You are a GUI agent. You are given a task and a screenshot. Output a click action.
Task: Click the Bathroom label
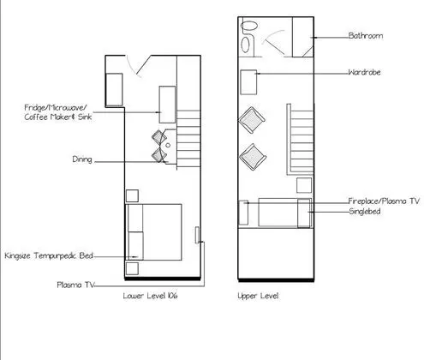pos(366,36)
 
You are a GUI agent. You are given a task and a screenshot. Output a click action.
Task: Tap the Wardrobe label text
pos(364,72)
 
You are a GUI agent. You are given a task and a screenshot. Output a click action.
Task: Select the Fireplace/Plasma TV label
pos(384,201)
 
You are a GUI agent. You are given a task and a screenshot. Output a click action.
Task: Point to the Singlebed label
pos(365,212)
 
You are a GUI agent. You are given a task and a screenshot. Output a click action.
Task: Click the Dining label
pos(82,159)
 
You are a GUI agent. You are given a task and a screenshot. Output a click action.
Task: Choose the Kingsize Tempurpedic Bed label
pos(49,255)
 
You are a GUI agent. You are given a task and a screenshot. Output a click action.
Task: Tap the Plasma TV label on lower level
pos(75,285)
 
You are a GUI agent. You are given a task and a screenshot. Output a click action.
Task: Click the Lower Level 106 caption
pos(150,296)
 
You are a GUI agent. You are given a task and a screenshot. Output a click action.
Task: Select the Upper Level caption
pos(258,296)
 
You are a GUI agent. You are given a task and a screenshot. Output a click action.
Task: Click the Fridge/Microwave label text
pos(56,108)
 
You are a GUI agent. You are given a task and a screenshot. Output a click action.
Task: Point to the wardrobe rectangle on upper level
pos(248,82)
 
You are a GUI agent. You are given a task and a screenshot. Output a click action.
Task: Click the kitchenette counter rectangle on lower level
pos(167,105)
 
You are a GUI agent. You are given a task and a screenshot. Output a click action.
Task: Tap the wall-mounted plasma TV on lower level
pos(197,235)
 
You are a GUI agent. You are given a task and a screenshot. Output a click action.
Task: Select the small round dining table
pos(168,145)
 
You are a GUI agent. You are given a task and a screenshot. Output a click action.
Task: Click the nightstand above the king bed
pos(132,196)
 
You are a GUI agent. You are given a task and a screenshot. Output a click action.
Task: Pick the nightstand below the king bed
pos(132,268)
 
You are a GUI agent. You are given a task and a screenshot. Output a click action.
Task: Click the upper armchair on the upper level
pos(252,120)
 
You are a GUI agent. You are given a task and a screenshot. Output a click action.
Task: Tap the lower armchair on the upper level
pos(253,157)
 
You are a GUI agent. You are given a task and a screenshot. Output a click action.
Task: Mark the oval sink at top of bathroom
pos(249,26)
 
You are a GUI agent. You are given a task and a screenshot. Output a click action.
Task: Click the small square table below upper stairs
pos(304,185)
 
